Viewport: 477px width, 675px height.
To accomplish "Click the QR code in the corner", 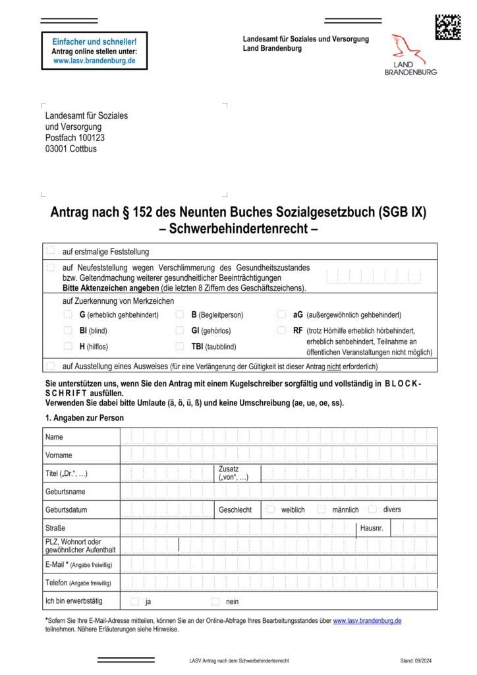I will coord(448,26).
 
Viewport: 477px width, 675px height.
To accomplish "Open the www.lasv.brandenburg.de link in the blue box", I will coord(94,60).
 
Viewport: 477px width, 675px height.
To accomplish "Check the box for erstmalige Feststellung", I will coord(51,251).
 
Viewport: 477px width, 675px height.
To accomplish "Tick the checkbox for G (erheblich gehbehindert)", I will coord(68,314).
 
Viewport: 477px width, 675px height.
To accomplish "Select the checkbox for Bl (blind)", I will coord(68,330).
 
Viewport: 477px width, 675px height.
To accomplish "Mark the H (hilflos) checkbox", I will coord(68,346).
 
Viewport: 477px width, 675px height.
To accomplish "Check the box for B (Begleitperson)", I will coord(179,314).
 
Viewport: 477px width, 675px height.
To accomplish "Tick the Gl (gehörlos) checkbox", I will coord(179,330).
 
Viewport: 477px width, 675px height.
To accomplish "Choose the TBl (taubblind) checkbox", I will coord(179,346).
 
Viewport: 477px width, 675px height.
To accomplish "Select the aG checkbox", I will coord(281,314).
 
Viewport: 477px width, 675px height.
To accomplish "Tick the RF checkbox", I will coord(281,330).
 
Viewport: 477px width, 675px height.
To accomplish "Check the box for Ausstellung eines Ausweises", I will coord(51,366).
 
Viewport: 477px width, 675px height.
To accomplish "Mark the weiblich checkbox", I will coord(270,510).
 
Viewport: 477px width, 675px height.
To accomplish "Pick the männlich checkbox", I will coord(322,510).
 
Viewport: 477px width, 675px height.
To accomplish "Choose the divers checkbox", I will coord(372,510).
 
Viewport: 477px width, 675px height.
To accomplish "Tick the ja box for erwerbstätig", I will coord(134,601).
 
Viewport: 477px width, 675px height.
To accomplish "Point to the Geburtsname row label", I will coord(65,492).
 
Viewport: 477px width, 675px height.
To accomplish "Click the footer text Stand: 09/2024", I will coord(416,660).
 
